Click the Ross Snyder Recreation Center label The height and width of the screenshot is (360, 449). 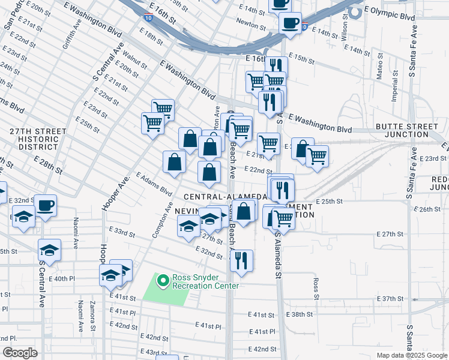[x=205, y=281]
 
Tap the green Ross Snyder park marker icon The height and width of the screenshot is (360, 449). [x=162, y=280]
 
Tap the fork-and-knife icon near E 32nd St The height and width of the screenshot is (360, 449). [x=241, y=260]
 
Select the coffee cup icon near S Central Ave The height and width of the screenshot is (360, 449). [x=46, y=206]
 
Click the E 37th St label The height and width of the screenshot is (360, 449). [x=393, y=299]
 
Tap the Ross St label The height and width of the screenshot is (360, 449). [x=315, y=284]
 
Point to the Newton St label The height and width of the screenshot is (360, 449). [x=252, y=26]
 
